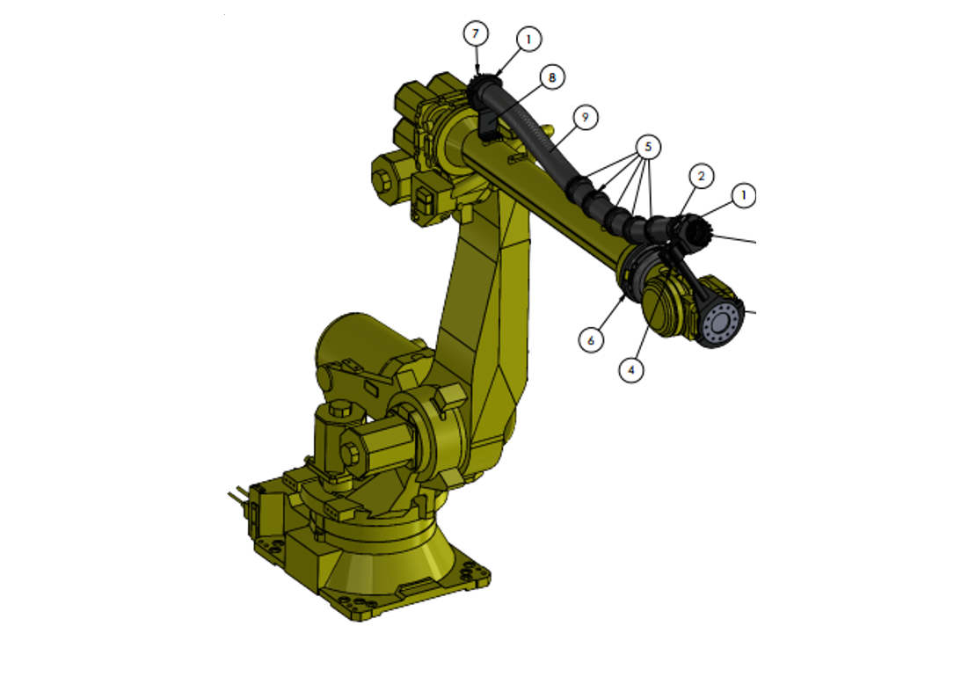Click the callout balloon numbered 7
[x=476, y=34]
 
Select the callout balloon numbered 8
[x=552, y=77]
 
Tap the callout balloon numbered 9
[x=586, y=116]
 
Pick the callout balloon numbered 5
[x=648, y=146]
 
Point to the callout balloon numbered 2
[x=701, y=176]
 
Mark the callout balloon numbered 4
[x=630, y=370]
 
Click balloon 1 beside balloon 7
[x=528, y=39]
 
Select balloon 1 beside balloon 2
[x=744, y=194]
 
